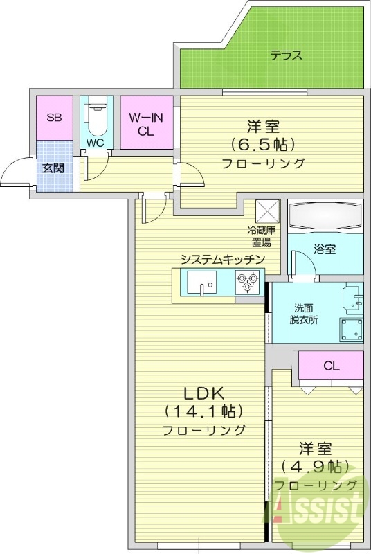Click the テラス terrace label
pos(286,55)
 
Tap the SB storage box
pos(54,117)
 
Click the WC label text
pos(95,143)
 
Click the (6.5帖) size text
pos(263,145)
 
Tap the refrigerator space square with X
pos(268,210)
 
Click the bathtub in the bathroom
pos(325,217)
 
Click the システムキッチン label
pos(223,259)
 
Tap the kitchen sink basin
pos(201,283)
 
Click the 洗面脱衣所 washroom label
pos(303,314)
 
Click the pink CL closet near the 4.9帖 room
pos(331,366)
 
